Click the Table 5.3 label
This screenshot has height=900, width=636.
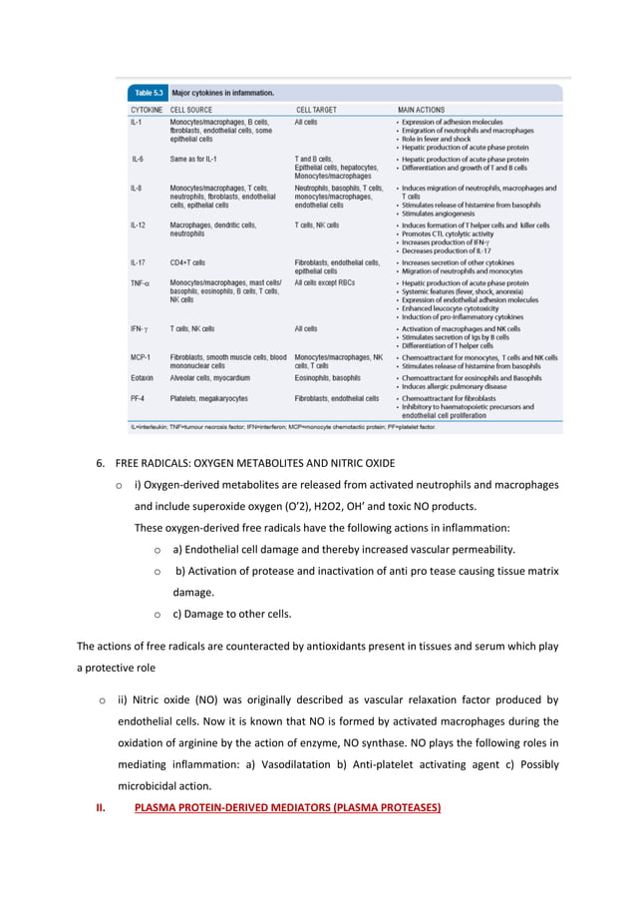148,92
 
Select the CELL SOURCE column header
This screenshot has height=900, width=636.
190,109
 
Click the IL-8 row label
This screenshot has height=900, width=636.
136,188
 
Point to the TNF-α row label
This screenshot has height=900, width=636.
140,282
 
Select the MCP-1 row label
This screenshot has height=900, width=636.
140,357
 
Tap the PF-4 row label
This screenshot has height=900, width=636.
138,398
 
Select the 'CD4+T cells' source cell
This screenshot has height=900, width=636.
188,262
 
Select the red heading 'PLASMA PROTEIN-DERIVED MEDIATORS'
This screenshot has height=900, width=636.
287,806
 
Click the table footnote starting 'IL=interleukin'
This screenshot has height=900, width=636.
283,427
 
